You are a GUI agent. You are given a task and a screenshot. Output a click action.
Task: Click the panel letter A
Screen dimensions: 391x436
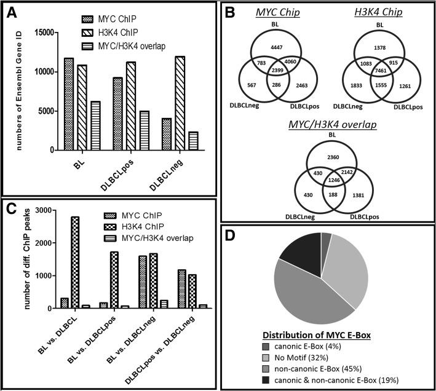click(x=11, y=12)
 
